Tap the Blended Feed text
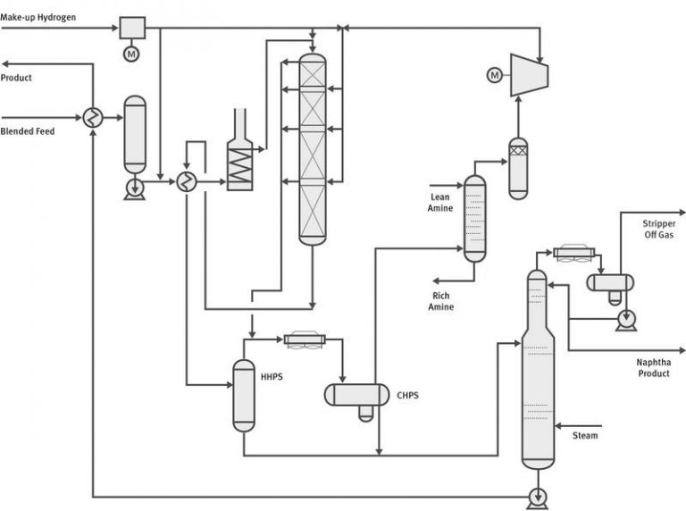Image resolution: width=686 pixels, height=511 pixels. (28, 131)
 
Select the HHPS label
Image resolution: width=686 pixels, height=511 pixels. (272, 377)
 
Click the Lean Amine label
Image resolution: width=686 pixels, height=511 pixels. (439, 203)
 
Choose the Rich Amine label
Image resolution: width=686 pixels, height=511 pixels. (441, 301)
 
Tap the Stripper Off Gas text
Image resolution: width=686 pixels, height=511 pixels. (659, 230)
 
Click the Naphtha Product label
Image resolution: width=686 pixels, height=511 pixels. (653, 368)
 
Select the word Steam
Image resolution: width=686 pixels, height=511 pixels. (585, 436)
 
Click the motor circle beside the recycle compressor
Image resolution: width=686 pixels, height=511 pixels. (494, 75)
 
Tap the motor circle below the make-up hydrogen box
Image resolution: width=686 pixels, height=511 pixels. (132, 54)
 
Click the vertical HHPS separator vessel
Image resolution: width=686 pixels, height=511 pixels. (244, 396)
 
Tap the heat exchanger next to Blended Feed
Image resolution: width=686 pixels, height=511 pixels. (93, 117)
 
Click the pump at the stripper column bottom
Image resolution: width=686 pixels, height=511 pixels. (537, 496)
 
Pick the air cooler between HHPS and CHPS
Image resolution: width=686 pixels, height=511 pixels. (305, 340)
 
